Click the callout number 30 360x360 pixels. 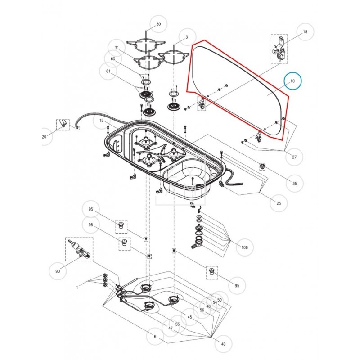(158, 24)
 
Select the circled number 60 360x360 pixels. (113, 59)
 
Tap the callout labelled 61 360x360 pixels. (108, 71)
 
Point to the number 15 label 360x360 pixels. (102, 121)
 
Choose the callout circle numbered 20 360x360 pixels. (44, 137)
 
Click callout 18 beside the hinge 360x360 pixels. (305, 32)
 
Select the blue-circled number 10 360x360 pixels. (292, 81)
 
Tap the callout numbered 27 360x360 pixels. (294, 157)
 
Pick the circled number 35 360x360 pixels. (295, 184)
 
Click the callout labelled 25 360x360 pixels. (279, 204)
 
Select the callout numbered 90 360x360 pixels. (57, 271)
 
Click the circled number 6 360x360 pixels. (155, 337)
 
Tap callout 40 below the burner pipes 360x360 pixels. (223, 344)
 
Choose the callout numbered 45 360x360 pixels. (189, 317)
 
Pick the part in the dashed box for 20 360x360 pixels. (63, 124)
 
